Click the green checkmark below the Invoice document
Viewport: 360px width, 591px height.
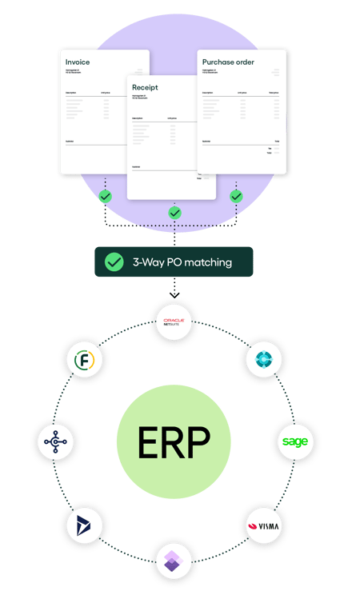point(105,196)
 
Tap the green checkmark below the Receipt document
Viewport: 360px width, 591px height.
point(174,213)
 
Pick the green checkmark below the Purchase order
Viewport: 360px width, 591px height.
point(236,196)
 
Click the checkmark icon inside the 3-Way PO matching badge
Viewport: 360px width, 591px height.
point(115,262)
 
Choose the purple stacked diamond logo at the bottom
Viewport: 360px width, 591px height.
point(174,561)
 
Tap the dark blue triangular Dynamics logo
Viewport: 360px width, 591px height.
point(83,527)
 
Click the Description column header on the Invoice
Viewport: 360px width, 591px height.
point(73,93)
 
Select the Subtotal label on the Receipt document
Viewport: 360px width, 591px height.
point(136,167)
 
